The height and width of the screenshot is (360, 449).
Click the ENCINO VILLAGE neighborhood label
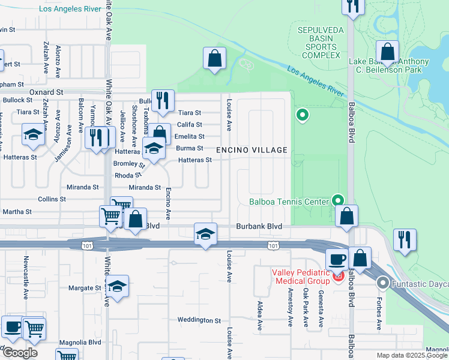coord(252,149)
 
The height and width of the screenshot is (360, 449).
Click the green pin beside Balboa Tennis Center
coord(339,200)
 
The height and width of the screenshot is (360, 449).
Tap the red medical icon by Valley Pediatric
coord(337,276)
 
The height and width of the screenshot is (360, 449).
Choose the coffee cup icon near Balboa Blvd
coord(336,259)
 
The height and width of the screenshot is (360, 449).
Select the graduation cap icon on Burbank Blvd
coord(205,234)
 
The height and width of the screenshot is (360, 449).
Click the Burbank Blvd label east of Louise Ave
coord(267,226)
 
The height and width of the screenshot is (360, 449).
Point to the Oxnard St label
coord(46,92)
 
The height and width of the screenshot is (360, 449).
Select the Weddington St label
coord(200,320)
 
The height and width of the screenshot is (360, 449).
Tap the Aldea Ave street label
coord(260,316)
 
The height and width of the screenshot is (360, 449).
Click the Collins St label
coord(52,199)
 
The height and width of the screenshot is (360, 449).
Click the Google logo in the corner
coord(20,353)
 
